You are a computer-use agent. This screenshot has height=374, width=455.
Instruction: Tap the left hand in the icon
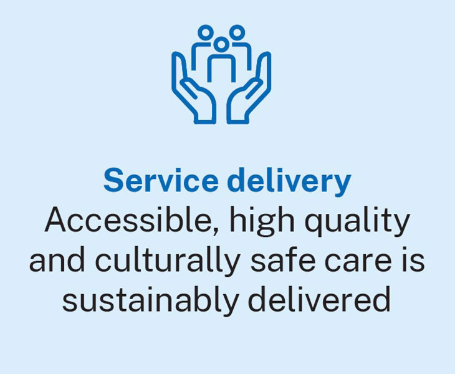193,93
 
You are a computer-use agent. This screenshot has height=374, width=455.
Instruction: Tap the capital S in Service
113,181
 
